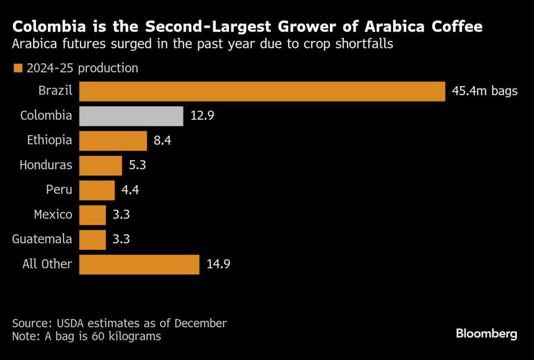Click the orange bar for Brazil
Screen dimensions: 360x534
262,91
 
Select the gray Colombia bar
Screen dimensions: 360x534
131,116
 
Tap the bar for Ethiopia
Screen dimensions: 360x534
113,141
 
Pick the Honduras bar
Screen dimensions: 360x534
100,165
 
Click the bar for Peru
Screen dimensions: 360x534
97,190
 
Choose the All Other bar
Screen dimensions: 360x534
139,264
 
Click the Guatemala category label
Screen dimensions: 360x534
42,239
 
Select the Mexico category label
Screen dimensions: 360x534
53,215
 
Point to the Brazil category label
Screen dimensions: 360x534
55,91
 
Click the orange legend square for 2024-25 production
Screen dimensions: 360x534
17,68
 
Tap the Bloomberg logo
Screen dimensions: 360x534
486,334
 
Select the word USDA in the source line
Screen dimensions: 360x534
72,323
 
